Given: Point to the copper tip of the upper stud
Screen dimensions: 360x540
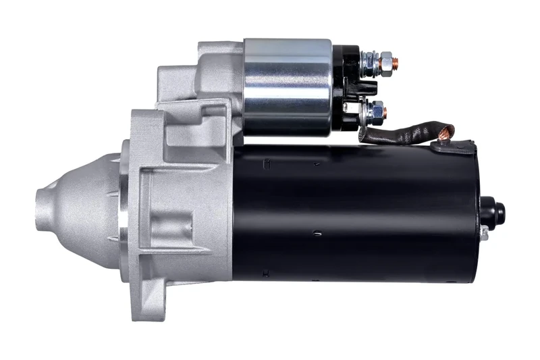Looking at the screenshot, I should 396,63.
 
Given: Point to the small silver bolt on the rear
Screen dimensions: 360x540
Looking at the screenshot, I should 484,232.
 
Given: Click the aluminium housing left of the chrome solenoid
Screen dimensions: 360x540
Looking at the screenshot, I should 202,74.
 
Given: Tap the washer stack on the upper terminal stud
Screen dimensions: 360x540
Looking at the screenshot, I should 369,63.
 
